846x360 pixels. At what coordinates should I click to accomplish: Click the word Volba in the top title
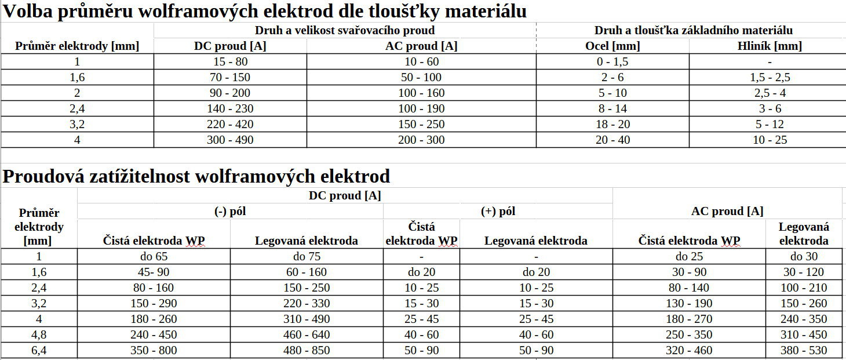(x=26, y=11)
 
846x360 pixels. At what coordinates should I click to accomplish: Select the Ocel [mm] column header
(x=612, y=46)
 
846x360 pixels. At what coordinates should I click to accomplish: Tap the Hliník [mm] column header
(x=769, y=46)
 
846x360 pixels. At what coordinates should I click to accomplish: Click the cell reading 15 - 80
(x=230, y=61)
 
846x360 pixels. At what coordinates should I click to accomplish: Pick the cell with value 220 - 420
(x=230, y=124)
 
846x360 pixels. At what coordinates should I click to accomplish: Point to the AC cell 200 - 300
(x=421, y=140)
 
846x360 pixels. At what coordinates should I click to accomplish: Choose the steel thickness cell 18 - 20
(x=612, y=124)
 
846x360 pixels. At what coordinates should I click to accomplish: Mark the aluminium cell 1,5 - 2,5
(x=769, y=77)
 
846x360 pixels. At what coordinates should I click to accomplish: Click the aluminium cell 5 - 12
(x=769, y=124)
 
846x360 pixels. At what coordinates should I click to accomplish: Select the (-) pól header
(x=230, y=212)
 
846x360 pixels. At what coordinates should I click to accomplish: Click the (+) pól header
(x=498, y=212)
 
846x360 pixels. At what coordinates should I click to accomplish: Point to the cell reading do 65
(x=154, y=256)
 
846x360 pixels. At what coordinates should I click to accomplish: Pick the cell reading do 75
(x=307, y=256)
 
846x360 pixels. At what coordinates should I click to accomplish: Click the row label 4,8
(x=39, y=334)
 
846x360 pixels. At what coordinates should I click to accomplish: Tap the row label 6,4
(x=39, y=350)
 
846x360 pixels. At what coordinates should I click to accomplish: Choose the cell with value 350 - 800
(x=154, y=350)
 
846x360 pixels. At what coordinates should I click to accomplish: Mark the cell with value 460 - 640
(x=307, y=334)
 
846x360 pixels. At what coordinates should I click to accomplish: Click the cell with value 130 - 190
(x=689, y=303)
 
